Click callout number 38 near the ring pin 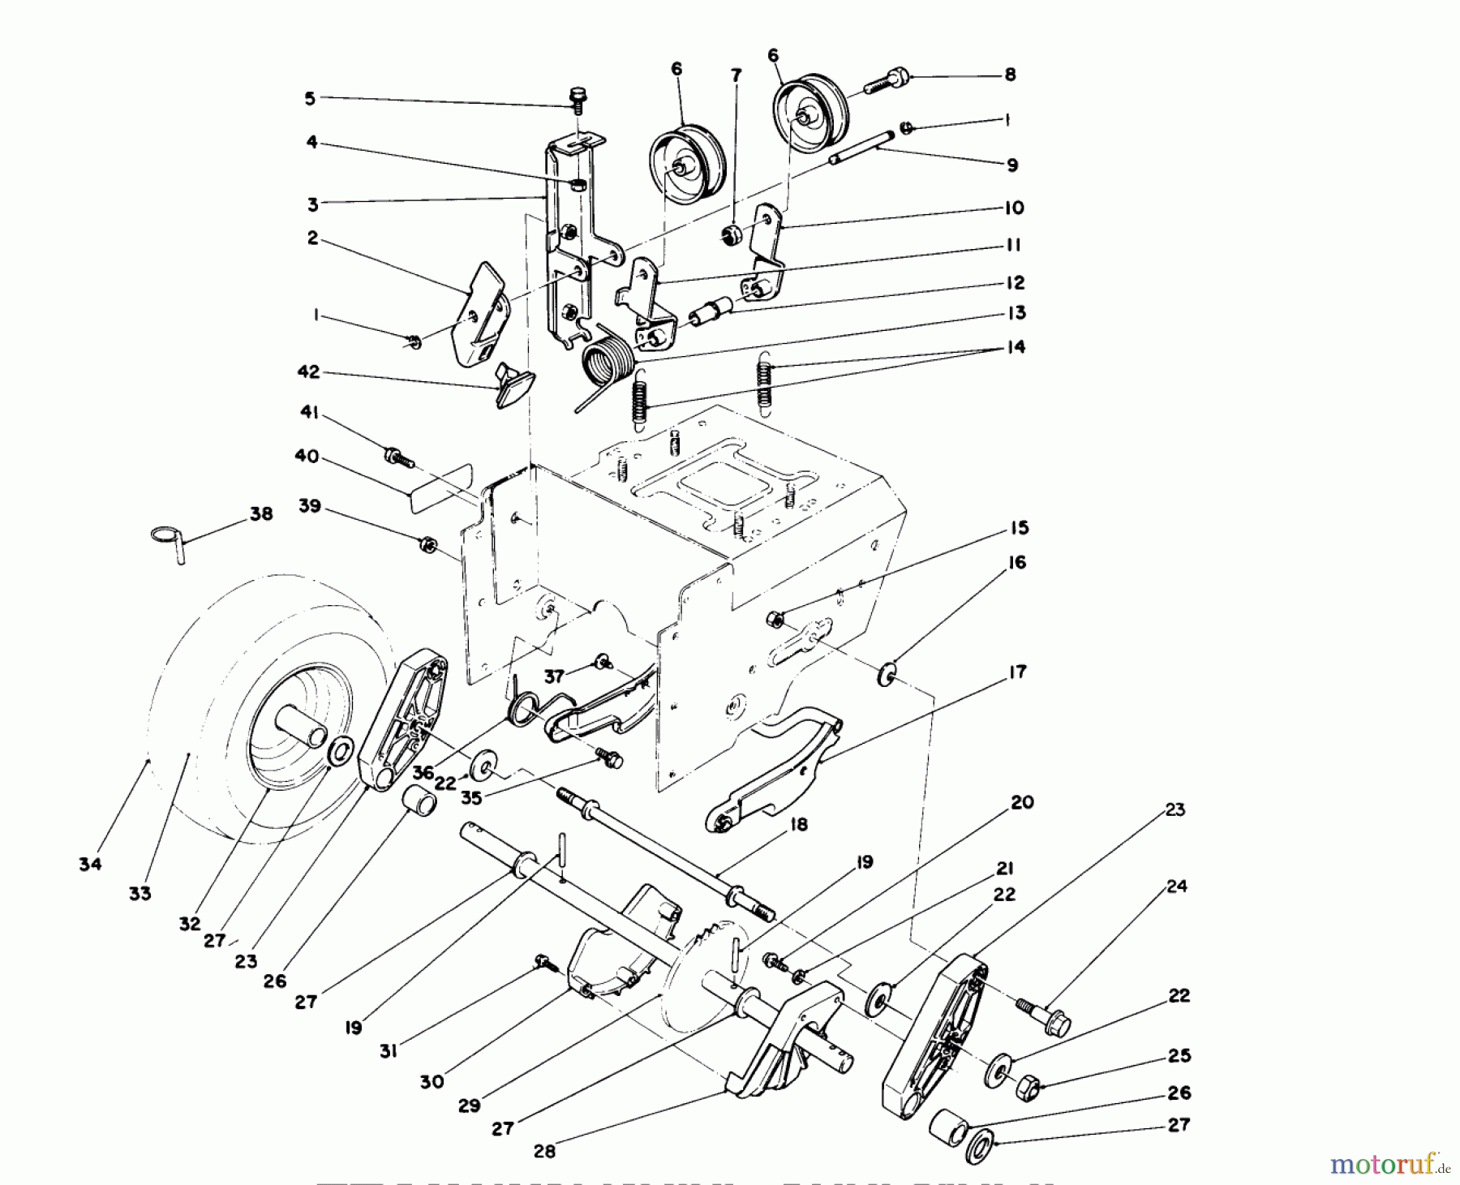point(261,514)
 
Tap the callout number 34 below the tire point(90,865)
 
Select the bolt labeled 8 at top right point(887,82)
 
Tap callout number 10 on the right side point(1014,208)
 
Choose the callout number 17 point(1016,672)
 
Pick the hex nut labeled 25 point(1028,1084)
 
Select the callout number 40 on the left point(306,457)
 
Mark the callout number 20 point(1022,802)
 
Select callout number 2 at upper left point(312,239)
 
